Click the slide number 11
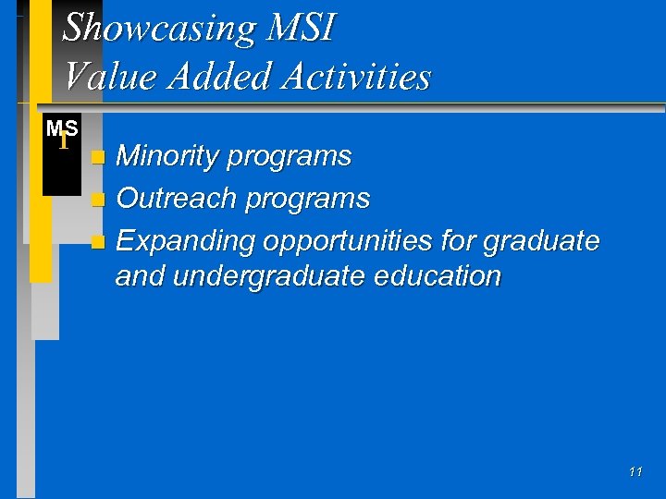(x=635, y=472)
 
